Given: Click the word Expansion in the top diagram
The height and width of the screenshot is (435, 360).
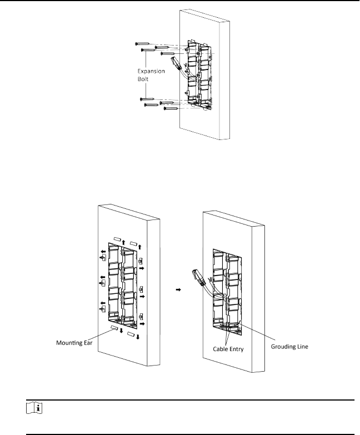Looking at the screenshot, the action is [x=151, y=71].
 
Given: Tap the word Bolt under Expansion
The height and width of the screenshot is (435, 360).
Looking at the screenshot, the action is [x=143, y=79].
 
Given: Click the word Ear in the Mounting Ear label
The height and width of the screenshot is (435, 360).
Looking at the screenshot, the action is [x=88, y=343].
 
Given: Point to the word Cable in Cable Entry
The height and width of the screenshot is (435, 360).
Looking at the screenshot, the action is [x=219, y=349].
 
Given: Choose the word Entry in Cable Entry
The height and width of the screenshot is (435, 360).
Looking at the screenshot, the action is [x=236, y=349].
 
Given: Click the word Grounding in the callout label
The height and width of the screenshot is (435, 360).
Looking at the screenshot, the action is [x=283, y=347].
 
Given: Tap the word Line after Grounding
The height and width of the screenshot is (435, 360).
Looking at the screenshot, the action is [x=303, y=347].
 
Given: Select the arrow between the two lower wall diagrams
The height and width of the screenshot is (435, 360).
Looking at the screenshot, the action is [x=178, y=289].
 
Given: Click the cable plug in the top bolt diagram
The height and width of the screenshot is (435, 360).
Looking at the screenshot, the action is [x=176, y=63].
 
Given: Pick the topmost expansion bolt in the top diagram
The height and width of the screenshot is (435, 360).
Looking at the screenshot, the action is [x=142, y=43].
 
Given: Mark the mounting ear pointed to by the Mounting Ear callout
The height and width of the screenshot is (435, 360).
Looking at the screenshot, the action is [x=114, y=328].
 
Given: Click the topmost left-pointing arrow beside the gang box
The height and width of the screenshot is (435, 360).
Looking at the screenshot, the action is [x=103, y=252].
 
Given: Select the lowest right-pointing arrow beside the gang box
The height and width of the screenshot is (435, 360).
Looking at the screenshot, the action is [x=142, y=324].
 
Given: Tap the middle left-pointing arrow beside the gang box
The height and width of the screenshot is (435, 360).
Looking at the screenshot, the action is [x=103, y=277].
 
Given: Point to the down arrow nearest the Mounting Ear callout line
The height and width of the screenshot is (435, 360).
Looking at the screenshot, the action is [x=121, y=331].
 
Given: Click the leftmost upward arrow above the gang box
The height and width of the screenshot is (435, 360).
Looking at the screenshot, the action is [x=123, y=243].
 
